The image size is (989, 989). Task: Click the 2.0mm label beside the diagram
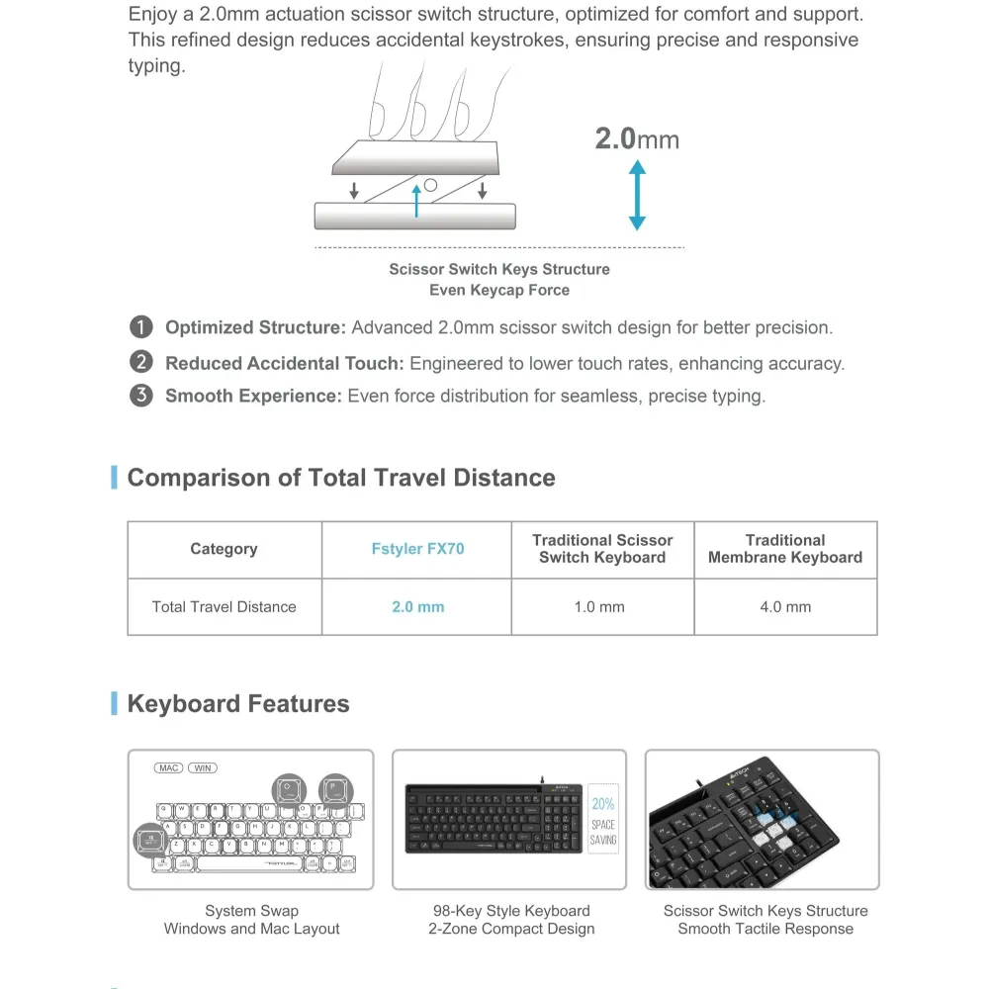(x=637, y=138)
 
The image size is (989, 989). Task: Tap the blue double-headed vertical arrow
(x=637, y=196)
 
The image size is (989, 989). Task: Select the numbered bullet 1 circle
(x=141, y=327)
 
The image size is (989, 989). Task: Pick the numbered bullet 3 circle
(x=141, y=397)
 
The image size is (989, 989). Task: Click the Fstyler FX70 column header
(x=416, y=549)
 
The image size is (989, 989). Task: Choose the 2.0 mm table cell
(x=417, y=607)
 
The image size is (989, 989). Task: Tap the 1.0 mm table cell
(x=599, y=607)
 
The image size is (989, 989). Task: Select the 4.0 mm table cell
(x=785, y=607)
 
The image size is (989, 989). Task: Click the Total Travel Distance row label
(x=225, y=607)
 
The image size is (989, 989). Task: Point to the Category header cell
(x=224, y=549)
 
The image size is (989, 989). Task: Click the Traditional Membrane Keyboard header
(x=785, y=549)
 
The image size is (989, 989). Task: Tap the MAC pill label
(x=169, y=767)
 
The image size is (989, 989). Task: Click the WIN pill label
(x=203, y=767)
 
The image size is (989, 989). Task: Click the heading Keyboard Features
(x=238, y=704)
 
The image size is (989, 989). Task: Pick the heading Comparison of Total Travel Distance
(x=341, y=478)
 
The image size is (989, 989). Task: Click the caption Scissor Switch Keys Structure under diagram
(x=499, y=269)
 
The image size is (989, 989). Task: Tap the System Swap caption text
(x=251, y=911)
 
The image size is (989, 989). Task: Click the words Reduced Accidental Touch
(x=284, y=363)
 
